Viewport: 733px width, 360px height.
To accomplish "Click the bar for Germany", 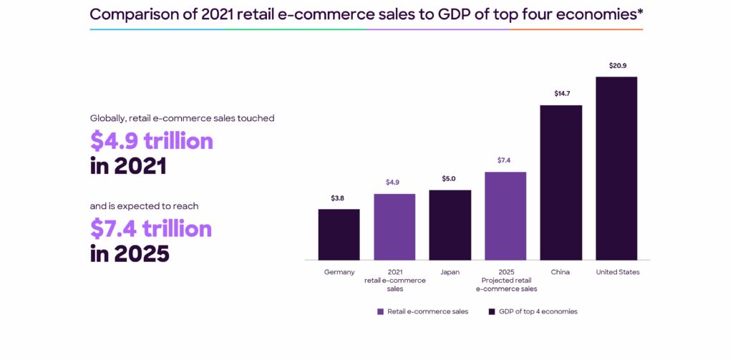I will point(339,234).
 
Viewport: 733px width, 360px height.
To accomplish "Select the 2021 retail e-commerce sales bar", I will point(394,226).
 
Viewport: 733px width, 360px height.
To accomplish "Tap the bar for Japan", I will point(450,225).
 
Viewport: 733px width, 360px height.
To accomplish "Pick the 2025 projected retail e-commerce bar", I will point(505,215).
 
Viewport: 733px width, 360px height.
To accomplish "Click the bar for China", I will point(560,183).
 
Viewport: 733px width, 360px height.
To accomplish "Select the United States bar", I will point(616,168).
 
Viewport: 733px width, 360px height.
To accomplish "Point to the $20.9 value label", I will point(617,66).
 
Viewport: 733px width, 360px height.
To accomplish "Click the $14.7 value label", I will point(562,94).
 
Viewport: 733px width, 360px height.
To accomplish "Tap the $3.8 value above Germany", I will point(339,198).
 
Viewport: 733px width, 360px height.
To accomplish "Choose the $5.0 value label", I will point(450,178).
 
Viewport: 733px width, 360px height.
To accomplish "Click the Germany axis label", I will point(339,272).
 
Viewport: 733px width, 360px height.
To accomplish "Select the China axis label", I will point(560,272).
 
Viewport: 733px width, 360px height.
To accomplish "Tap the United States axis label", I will point(618,272).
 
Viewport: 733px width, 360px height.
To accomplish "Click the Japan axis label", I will point(450,272).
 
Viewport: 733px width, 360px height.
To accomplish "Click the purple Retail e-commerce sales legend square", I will point(381,311).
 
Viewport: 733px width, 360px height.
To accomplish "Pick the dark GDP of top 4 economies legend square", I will point(492,311).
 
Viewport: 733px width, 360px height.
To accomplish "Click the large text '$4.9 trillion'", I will point(151,141).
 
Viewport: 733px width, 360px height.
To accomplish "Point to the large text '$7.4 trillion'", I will point(151,228).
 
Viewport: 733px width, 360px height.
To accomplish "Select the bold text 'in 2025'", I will point(130,253).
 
